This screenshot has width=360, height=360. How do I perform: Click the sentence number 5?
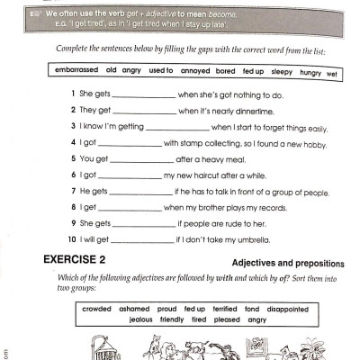pos(71,159)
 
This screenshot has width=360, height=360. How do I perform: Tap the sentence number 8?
pos(71,208)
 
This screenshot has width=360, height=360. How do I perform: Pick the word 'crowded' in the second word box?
pos(94,309)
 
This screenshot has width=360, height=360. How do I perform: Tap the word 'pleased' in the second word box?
pos(229,319)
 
